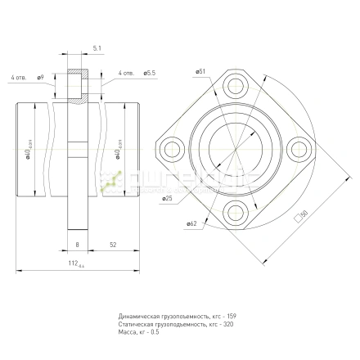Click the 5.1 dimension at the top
click(97, 49)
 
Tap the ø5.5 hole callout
click(149, 74)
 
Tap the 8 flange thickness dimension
click(76, 245)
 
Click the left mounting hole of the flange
click(173, 149)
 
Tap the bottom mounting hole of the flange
click(237, 214)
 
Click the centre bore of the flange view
click(237, 149)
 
